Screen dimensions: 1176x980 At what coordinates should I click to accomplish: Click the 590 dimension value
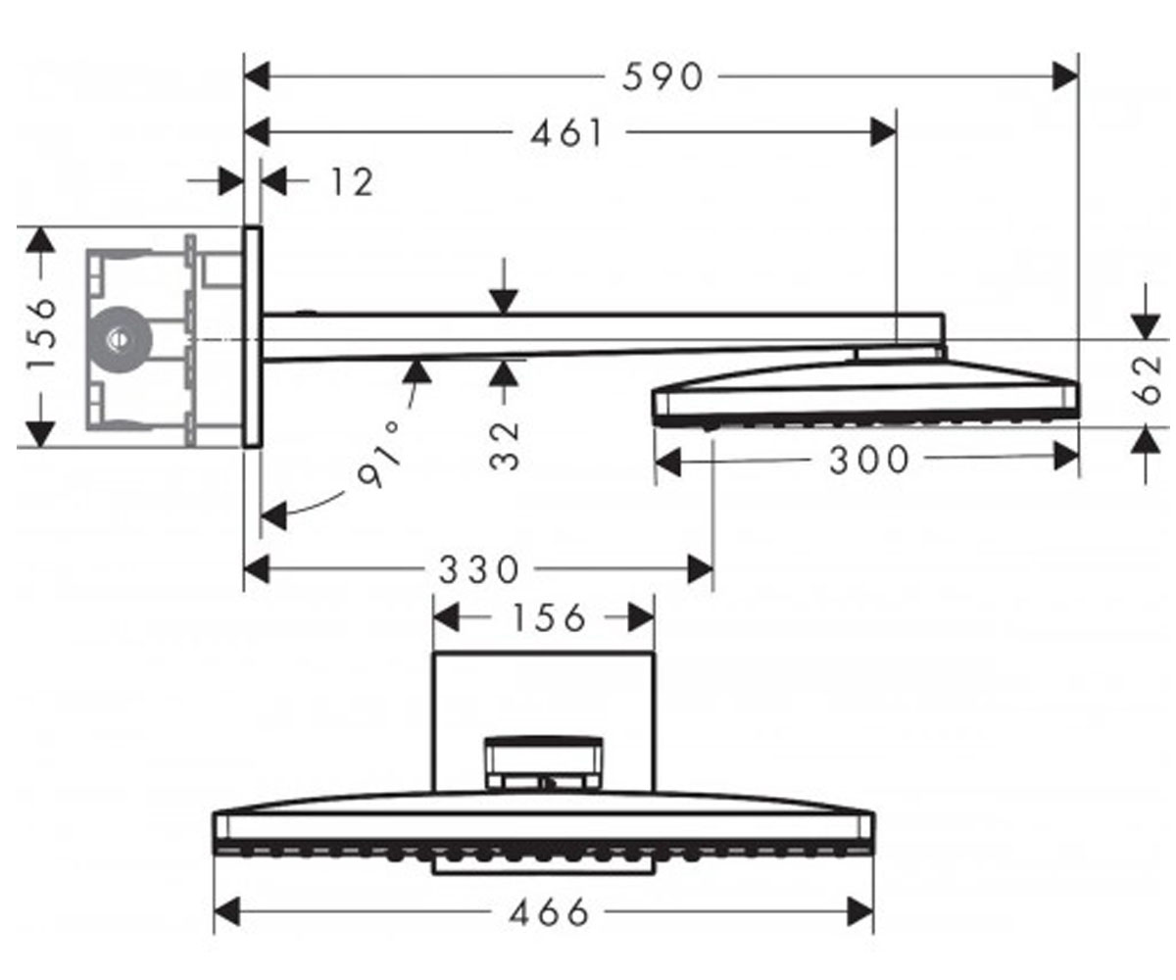click(x=662, y=76)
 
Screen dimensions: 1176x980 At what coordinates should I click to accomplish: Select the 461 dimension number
click(x=567, y=133)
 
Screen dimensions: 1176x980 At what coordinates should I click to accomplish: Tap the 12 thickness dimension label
click(x=352, y=182)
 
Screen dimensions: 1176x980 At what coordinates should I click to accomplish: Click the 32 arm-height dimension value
click(x=504, y=446)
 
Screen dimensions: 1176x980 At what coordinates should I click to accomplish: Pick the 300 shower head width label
click(x=869, y=459)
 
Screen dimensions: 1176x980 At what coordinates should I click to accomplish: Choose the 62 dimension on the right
click(x=1148, y=380)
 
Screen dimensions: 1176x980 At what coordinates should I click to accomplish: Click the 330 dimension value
click(x=479, y=569)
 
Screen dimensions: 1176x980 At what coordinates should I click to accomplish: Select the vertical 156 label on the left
click(x=41, y=333)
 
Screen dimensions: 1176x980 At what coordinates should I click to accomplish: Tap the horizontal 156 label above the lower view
click(x=549, y=617)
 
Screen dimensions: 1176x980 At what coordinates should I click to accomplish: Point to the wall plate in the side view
click(x=253, y=337)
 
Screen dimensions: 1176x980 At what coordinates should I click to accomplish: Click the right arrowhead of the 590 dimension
click(x=1065, y=76)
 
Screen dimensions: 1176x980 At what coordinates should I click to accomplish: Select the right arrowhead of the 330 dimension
click(x=700, y=569)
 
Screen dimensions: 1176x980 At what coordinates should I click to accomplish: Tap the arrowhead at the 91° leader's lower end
click(x=274, y=515)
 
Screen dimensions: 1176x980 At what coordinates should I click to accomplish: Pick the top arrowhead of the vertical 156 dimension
click(x=41, y=239)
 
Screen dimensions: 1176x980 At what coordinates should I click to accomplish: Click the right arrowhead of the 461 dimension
click(x=883, y=133)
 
